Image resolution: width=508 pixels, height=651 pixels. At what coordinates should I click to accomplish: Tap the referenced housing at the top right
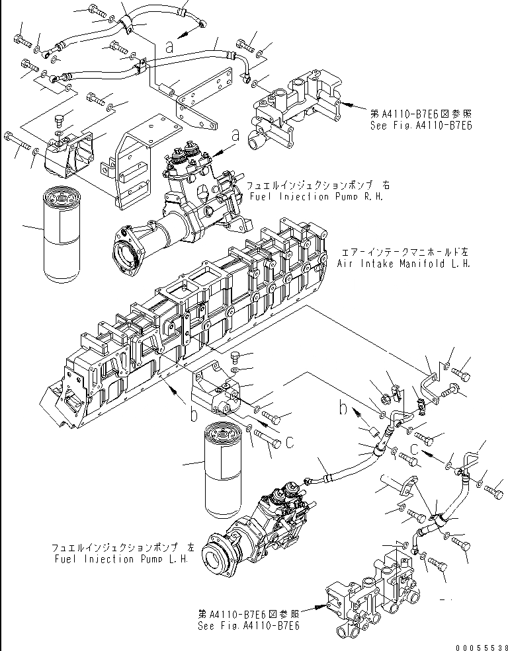[294, 113]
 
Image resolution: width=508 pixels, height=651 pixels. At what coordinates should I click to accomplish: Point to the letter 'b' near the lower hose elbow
[343, 408]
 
